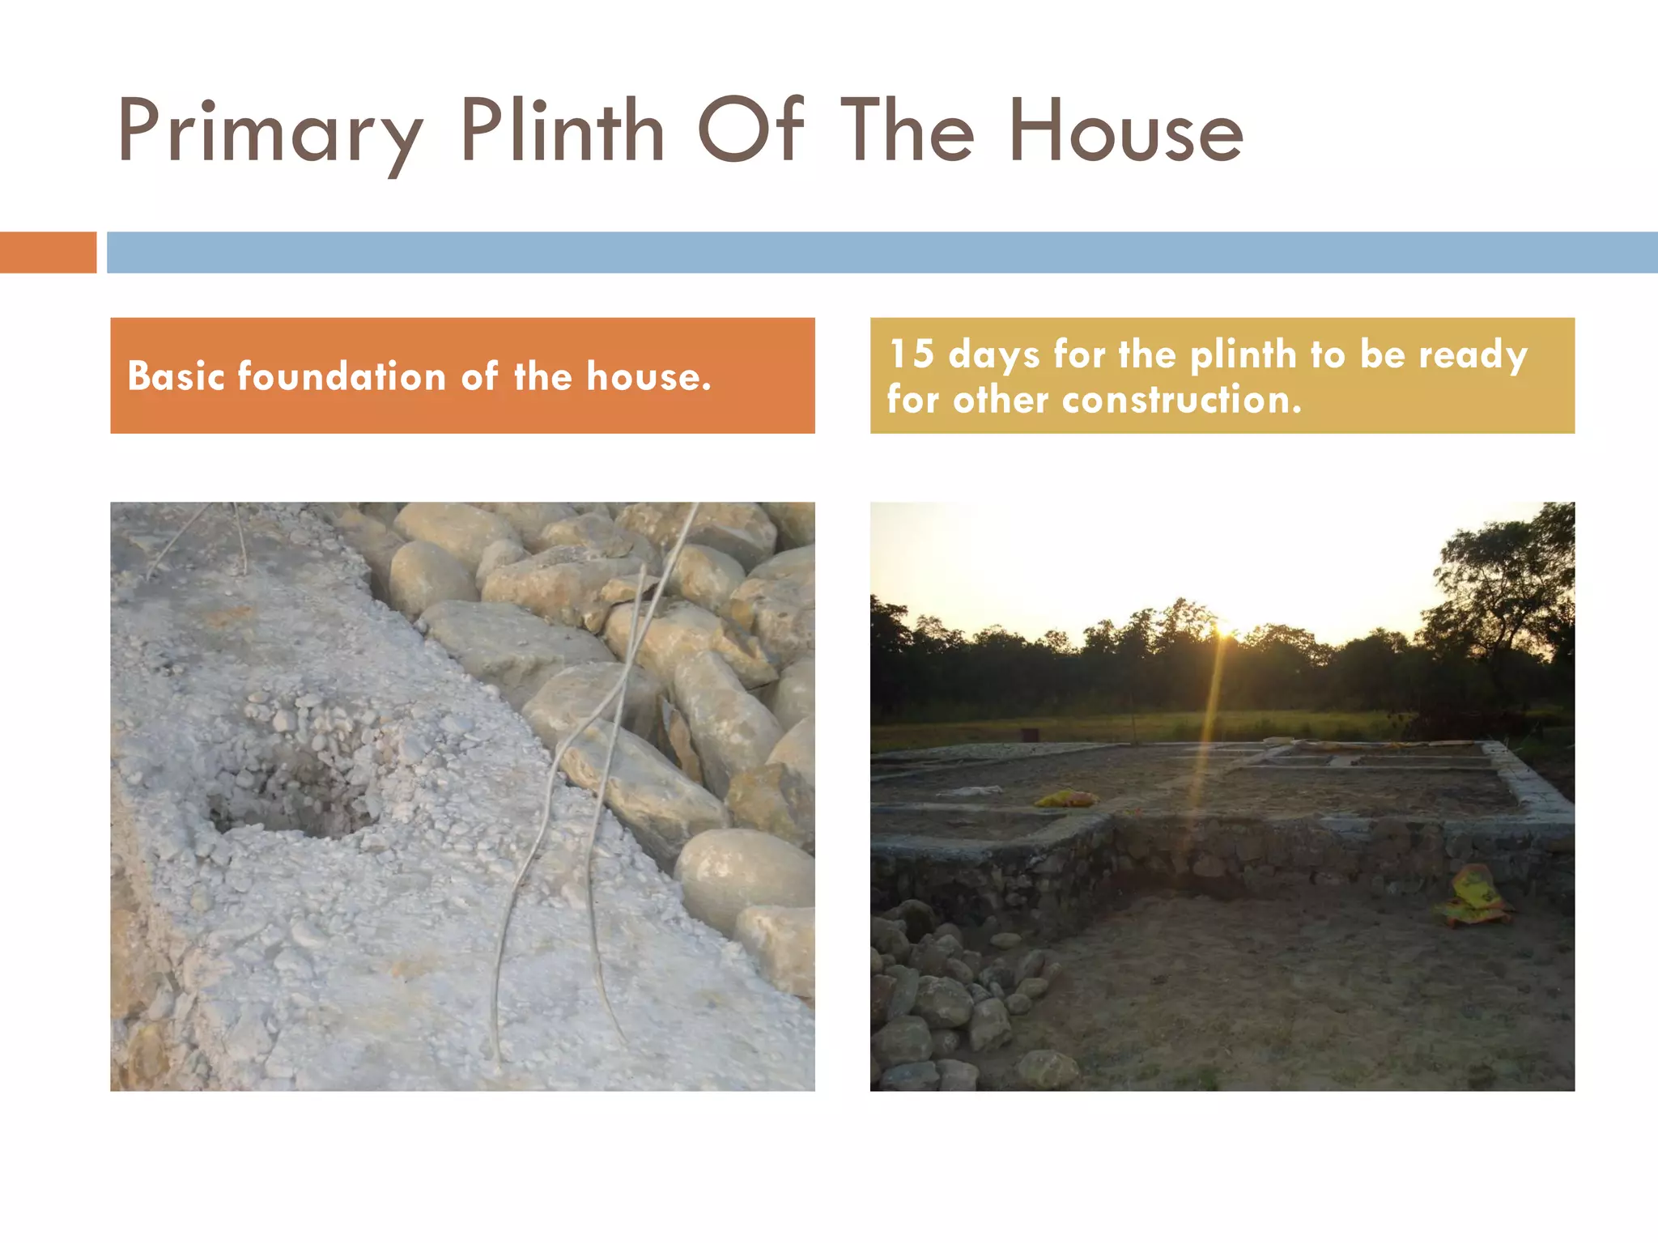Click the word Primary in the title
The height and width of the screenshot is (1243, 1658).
click(270, 132)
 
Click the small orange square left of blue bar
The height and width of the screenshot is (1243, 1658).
click(48, 252)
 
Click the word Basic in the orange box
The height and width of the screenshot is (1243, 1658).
click(176, 376)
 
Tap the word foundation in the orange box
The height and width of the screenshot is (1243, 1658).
click(342, 376)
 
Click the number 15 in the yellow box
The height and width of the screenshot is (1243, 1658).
click(912, 354)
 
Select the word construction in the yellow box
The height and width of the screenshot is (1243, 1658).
click(1182, 399)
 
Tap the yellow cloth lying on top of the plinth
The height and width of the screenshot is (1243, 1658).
click(1065, 799)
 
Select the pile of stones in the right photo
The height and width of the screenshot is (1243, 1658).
click(947, 1003)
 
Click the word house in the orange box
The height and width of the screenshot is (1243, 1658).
click(648, 376)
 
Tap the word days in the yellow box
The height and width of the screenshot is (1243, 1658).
click(993, 354)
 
